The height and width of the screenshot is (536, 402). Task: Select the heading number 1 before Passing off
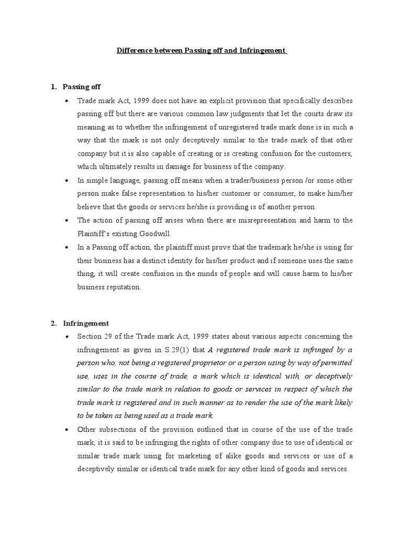(53, 86)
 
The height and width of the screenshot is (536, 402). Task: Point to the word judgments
(251, 114)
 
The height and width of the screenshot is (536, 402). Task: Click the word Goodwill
(157, 234)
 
